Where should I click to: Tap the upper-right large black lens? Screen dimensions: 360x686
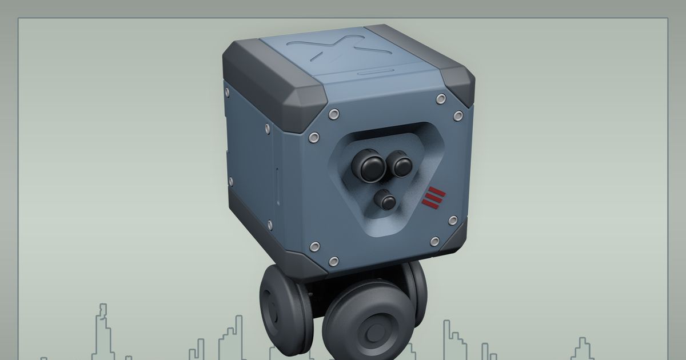click(400, 165)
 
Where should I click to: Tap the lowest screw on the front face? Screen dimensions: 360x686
click(334, 261)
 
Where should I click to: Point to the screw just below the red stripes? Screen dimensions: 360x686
click(452, 221)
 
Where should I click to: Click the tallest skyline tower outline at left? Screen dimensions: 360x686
click(103, 331)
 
